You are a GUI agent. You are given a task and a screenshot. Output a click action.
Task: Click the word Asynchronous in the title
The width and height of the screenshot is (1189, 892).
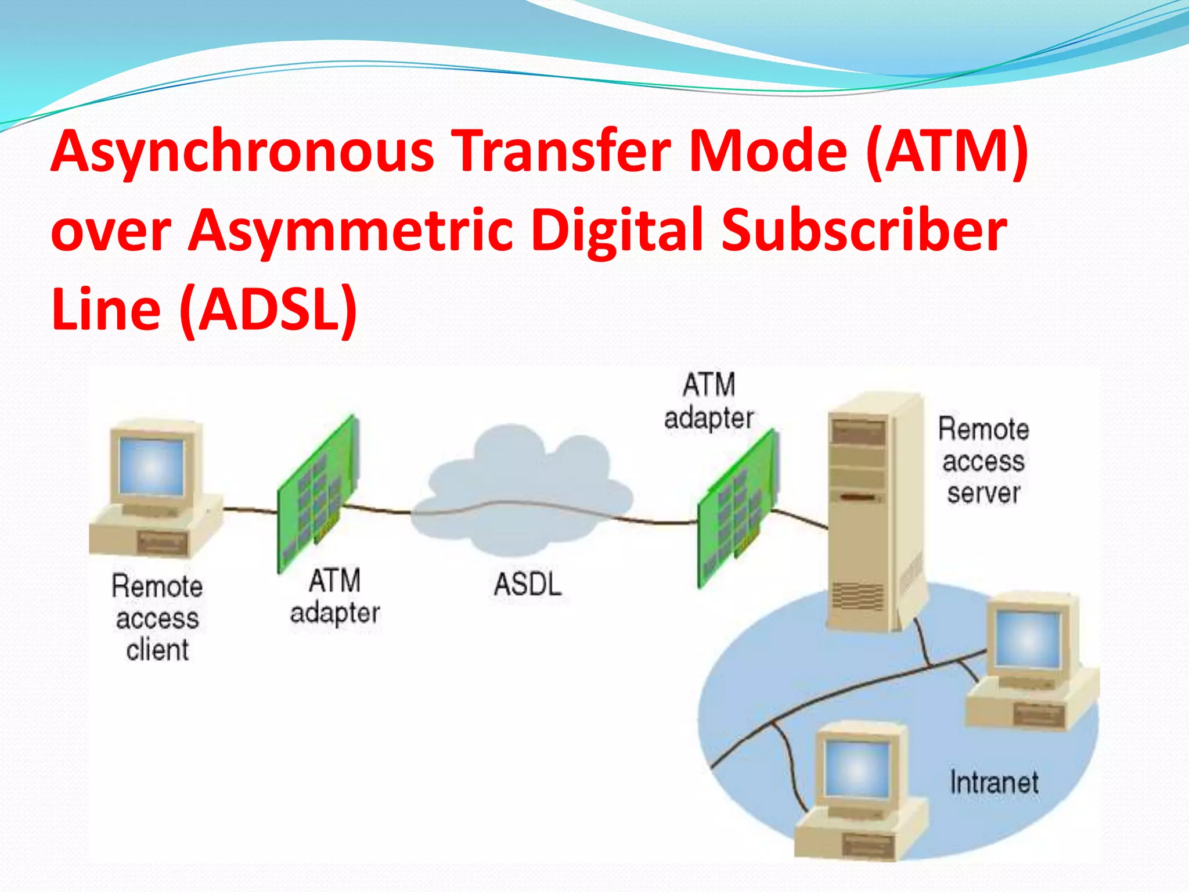click(x=242, y=152)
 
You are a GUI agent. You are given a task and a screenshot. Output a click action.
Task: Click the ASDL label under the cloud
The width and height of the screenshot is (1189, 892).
click(x=527, y=584)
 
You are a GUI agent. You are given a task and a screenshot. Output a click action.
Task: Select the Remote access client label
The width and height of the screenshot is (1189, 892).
click(x=157, y=617)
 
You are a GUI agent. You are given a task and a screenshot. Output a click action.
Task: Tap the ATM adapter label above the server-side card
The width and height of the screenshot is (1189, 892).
click(x=708, y=401)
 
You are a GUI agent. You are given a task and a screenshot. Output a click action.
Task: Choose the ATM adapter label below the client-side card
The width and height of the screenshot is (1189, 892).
click(x=334, y=597)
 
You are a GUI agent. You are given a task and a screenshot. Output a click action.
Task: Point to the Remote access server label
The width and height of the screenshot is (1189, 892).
click(x=983, y=461)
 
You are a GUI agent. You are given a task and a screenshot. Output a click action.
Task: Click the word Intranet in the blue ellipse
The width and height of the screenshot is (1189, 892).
click(x=994, y=782)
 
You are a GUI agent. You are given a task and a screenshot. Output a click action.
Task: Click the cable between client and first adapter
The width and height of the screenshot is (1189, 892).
click(x=250, y=510)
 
